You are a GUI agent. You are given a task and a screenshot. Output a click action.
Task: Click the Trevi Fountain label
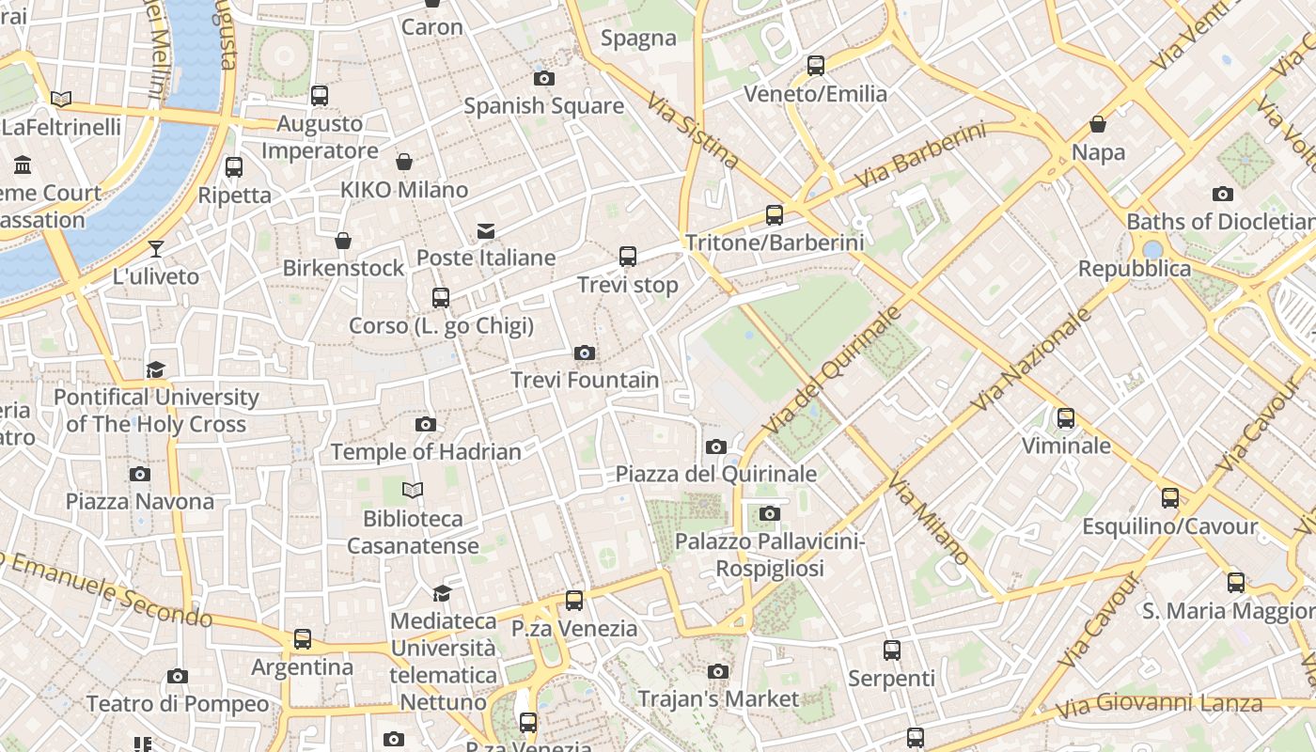click(x=584, y=380)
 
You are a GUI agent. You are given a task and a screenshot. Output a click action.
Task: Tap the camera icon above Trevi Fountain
click(x=584, y=353)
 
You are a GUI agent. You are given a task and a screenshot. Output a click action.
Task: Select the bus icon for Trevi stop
click(x=628, y=256)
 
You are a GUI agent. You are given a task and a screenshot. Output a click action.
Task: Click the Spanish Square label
click(x=543, y=105)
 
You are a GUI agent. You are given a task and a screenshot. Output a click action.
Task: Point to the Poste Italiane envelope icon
click(x=486, y=230)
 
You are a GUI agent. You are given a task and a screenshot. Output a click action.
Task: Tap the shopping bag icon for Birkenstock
click(x=343, y=242)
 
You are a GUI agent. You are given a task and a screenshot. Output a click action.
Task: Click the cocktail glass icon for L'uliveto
click(x=156, y=249)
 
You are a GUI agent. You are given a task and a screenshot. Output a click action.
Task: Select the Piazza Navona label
click(x=139, y=501)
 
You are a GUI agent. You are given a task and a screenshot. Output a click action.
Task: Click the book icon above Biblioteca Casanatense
click(x=413, y=490)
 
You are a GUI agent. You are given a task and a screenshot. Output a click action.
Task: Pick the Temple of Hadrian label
click(x=426, y=451)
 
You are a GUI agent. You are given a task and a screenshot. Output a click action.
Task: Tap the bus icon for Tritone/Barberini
click(x=775, y=215)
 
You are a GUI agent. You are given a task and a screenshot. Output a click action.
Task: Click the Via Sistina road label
click(x=694, y=130)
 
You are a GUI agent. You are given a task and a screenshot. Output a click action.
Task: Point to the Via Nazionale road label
click(x=1031, y=359)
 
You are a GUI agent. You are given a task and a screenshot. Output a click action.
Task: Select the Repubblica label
click(x=1134, y=269)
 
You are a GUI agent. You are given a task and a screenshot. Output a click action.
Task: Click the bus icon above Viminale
click(x=1066, y=418)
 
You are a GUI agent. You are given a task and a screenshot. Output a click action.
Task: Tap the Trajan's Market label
click(x=718, y=699)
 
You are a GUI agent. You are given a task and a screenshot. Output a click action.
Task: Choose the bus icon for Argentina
click(x=303, y=639)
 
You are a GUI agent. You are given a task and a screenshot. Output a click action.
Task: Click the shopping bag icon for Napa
click(x=1097, y=124)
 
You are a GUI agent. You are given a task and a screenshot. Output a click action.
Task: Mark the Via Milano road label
click(x=929, y=521)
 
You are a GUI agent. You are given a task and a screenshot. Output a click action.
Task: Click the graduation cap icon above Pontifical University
click(x=155, y=369)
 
